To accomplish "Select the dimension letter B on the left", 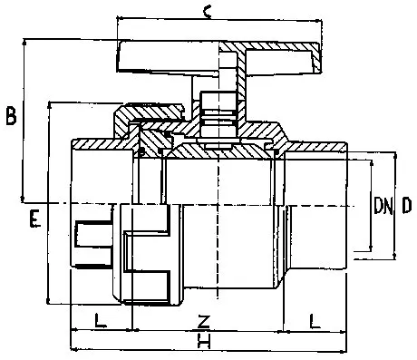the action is point(11,115).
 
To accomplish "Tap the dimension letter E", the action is point(34,219).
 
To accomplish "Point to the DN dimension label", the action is point(383,205).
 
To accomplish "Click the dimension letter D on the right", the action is point(407,205).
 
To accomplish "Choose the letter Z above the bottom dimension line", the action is point(203,321).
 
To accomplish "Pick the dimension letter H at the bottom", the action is point(204,340).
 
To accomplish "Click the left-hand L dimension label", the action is point(101,320).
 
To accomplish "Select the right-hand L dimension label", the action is point(315,321).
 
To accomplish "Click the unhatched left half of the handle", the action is point(168,56).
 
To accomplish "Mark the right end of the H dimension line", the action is point(346,351).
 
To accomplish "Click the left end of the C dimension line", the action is point(117,18).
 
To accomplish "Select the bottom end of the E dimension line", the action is point(48,303).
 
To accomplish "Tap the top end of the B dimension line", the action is point(24,39).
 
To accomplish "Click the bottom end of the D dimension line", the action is point(394,258).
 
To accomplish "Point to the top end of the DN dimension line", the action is point(372,161).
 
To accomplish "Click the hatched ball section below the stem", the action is point(218,151).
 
